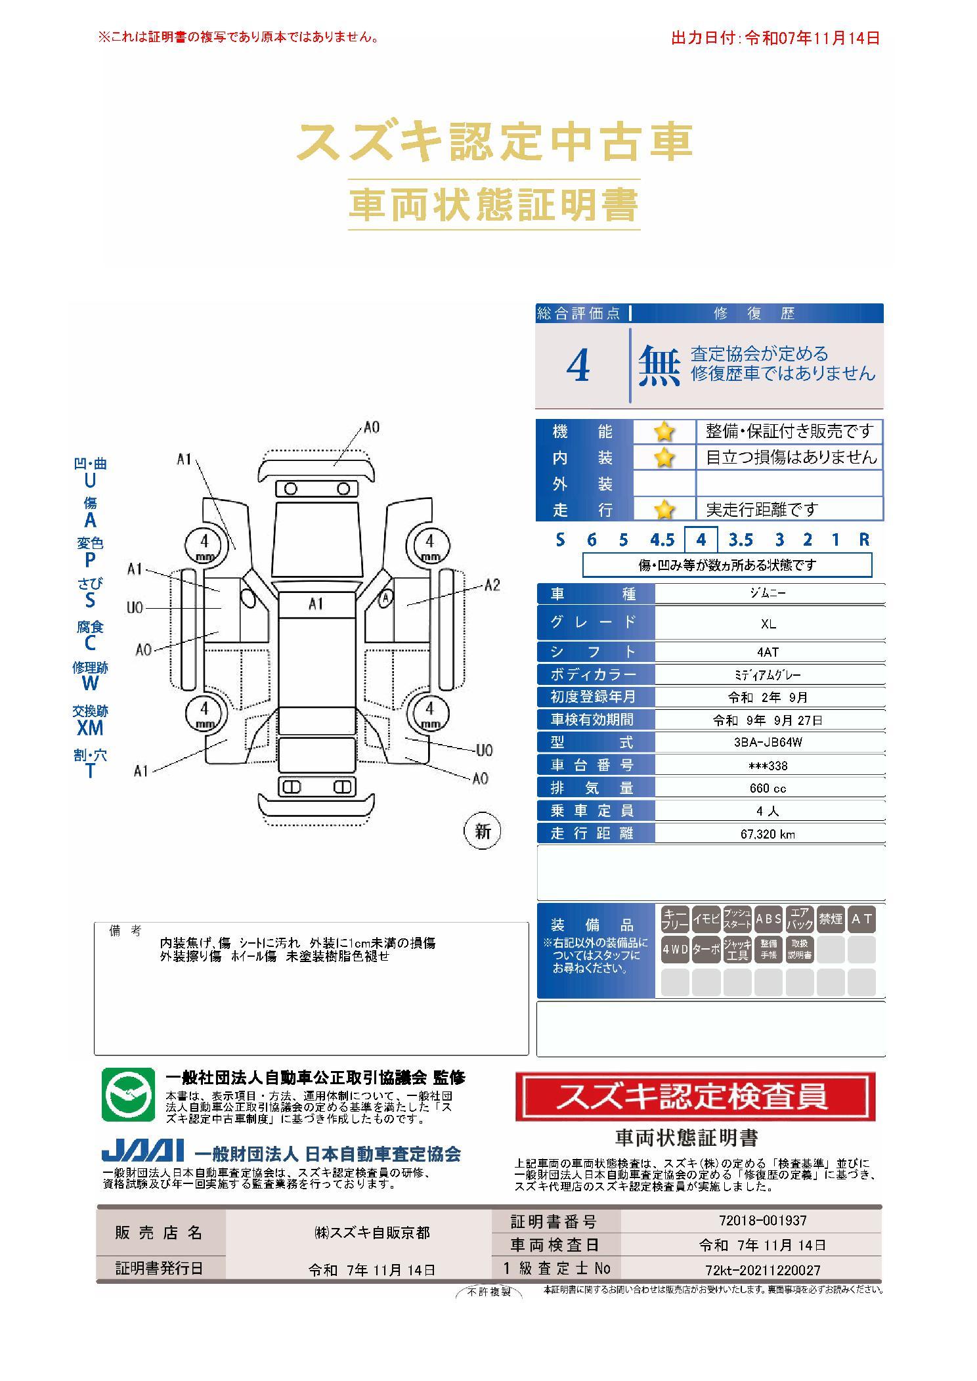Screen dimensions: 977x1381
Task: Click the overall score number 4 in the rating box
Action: click(x=578, y=366)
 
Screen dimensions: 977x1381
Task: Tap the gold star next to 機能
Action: click(x=664, y=432)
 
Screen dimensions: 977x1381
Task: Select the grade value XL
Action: click(x=768, y=624)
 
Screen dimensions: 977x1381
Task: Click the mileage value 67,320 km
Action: click(x=768, y=834)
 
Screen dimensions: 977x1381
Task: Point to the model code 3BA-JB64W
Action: click(x=768, y=743)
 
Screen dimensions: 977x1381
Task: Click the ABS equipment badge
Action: click(x=768, y=919)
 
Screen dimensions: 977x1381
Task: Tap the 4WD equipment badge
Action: click(x=675, y=950)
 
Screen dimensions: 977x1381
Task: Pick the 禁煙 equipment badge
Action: click(x=831, y=919)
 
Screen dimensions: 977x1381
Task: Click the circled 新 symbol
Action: click(x=483, y=831)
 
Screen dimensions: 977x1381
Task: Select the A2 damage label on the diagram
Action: click(x=492, y=585)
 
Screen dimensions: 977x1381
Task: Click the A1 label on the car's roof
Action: click(x=316, y=603)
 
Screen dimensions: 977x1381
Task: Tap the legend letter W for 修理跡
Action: click(x=90, y=683)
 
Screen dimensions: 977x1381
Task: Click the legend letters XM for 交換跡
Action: click(x=90, y=727)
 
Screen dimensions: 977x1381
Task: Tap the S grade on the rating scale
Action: click(x=560, y=540)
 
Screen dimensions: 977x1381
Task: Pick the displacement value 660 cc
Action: click(x=768, y=788)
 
